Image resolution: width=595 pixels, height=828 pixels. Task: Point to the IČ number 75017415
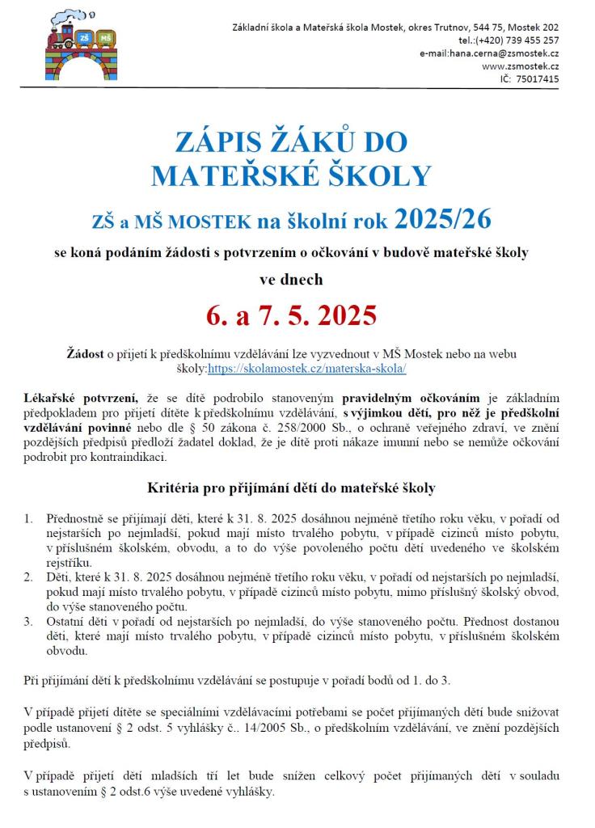point(530,78)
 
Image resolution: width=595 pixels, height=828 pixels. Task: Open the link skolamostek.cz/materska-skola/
point(306,367)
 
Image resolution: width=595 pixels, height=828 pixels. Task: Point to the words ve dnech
point(291,280)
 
